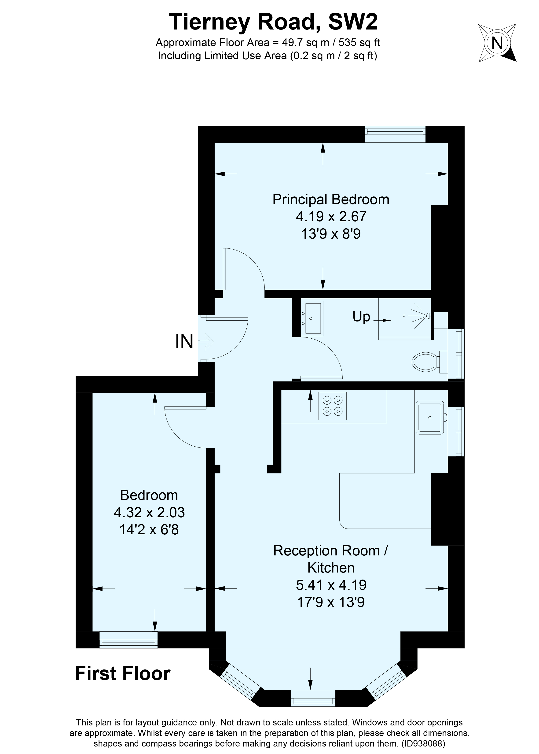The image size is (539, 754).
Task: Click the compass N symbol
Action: [497, 43]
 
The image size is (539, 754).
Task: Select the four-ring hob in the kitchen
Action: [332, 406]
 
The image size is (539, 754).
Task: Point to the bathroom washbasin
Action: [312, 318]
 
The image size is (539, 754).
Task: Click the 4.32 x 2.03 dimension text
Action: [149, 512]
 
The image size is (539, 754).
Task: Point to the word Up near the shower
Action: [361, 317]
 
